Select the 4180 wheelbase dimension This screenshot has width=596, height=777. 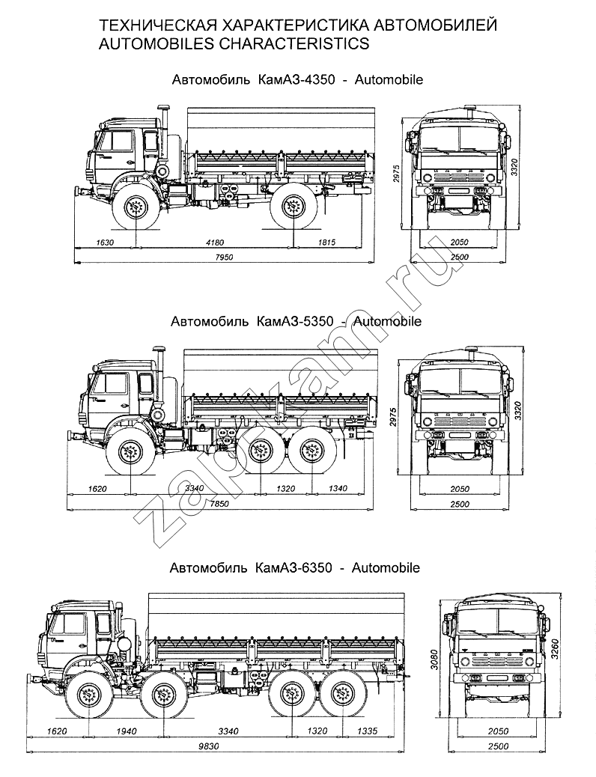215,242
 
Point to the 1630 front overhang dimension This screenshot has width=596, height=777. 106,242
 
